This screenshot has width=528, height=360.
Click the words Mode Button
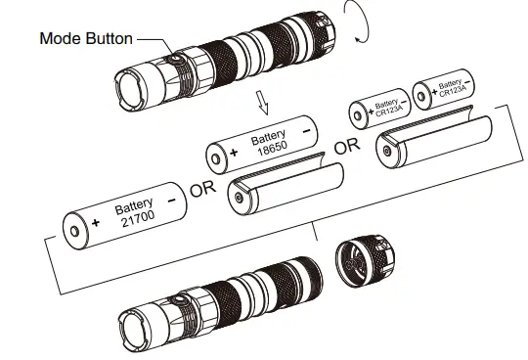click(86, 38)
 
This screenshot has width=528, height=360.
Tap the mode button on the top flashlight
click(175, 60)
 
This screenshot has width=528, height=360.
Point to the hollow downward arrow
click(263, 103)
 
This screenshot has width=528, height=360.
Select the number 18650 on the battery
click(272, 148)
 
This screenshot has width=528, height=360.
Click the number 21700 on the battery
click(138, 218)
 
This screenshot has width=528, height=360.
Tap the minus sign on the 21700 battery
click(172, 201)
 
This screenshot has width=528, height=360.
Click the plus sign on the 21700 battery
click(96, 223)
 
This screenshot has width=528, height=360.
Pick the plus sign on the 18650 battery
click(234, 153)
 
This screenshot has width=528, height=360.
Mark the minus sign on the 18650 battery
click(307, 131)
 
